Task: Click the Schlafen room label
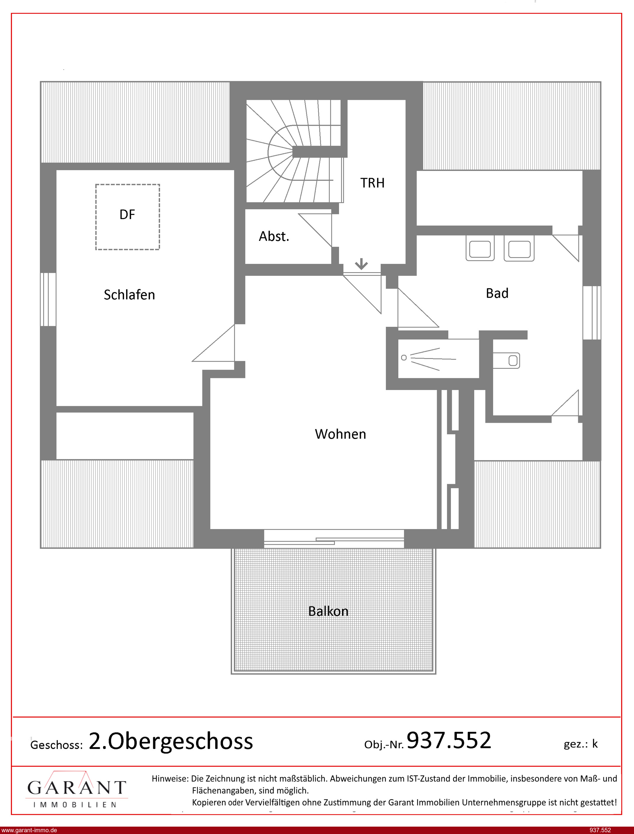tap(129, 295)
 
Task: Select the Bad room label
tap(497, 293)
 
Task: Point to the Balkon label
tap(328, 611)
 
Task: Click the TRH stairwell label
tap(372, 183)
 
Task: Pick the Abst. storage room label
tap(274, 236)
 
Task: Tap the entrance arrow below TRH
tap(361, 264)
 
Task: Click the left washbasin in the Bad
tap(480, 248)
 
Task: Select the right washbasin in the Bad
tap(519, 248)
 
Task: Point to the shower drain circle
tap(404, 358)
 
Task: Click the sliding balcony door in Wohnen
tap(334, 539)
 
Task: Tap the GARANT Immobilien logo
tap(76, 790)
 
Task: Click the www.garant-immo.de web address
tap(29, 830)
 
